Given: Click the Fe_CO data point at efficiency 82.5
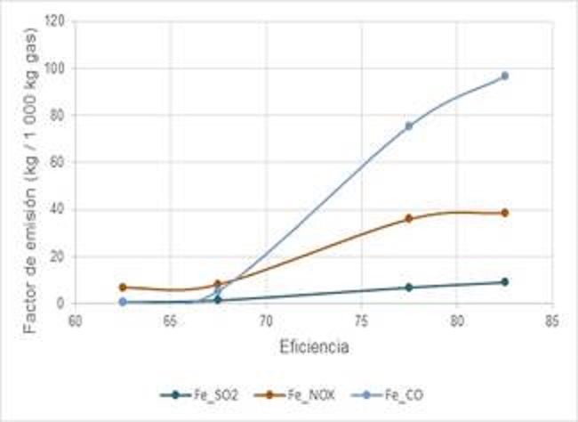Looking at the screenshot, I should (504, 76).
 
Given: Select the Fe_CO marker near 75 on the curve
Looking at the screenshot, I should (409, 126).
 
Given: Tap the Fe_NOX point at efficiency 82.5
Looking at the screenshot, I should (504, 213).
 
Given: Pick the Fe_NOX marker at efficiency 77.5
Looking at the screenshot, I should (409, 218).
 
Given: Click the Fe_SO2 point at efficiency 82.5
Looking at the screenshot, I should (504, 281).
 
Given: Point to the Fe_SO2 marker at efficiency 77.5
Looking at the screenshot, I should (409, 288).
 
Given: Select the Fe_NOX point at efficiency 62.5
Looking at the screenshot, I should (123, 288).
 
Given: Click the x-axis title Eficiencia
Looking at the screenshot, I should (313, 347).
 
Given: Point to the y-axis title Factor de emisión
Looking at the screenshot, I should (33, 165).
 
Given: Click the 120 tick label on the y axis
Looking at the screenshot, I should (55, 20).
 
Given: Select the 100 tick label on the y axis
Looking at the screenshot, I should (55, 68).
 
